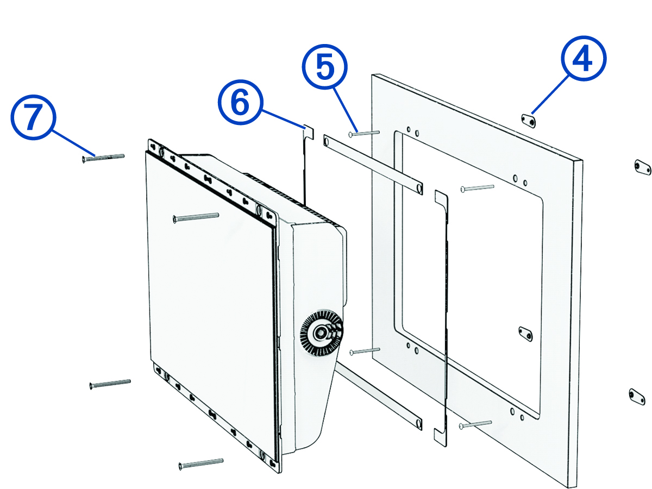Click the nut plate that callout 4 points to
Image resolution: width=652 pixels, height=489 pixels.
pyautogui.click(x=528, y=121)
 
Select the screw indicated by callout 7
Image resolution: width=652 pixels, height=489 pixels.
pyautogui.click(x=103, y=158)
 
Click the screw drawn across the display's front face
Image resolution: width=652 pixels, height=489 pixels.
pyautogui.click(x=196, y=217)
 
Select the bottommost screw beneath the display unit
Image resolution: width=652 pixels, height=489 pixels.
pyautogui.click(x=200, y=463)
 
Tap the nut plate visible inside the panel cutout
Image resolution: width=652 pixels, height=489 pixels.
pyautogui.click(x=525, y=333)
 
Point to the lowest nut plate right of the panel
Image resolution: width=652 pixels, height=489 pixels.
pyautogui.click(x=638, y=397)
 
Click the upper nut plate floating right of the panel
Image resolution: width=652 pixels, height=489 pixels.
pyautogui.click(x=642, y=167)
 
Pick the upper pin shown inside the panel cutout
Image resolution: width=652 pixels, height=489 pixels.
pyautogui.click(x=477, y=188)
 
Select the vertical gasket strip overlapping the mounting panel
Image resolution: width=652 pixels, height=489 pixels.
pyautogui.click(x=444, y=315)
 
